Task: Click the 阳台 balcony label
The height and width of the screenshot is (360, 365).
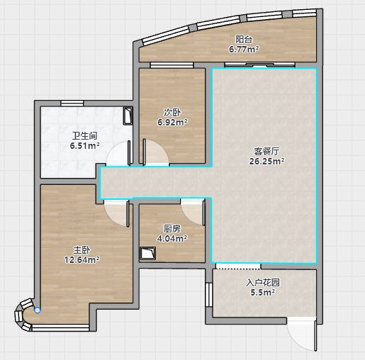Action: click(x=244, y=40)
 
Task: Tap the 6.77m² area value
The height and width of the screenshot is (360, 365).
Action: click(x=244, y=50)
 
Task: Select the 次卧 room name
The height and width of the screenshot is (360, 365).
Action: click(x=172, y=113)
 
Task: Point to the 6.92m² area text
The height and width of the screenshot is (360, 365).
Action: click(x=172, y=123)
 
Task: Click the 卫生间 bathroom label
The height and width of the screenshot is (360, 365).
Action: click(x=85, y=136)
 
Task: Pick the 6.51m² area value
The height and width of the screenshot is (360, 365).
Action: click(x=85, y=146)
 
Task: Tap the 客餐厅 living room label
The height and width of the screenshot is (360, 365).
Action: click(x=266, y=152)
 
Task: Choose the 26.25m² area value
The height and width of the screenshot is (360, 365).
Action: click(x=266, y=162)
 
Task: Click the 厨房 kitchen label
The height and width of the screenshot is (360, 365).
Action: click(x=172, y=229)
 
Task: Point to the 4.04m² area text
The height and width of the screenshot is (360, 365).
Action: click(x=172, y=239)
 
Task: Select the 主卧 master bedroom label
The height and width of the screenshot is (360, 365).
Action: click(x=82, y=250)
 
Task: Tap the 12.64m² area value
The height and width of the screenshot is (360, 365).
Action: click(x=82, y=260)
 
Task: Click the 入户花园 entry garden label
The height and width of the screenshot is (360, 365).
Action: click(x=263, y=283)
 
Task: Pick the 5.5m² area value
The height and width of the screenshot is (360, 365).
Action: click(x=263, y=293)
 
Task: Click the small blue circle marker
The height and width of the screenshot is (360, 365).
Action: click(x=38, y=310)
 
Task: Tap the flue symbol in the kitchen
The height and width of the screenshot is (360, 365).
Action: click(x=147, y=254)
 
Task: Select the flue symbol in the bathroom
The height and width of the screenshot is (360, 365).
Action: click(x=128, y=116)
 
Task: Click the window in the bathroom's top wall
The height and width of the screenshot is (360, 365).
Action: click(x=72, y=103)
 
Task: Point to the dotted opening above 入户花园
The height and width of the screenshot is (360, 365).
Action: click(x=238, y=266)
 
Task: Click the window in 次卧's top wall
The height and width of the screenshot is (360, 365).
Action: click(x=172, y=65)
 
